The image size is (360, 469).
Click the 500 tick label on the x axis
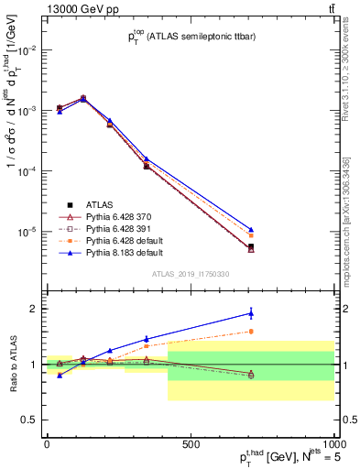click(191, 444)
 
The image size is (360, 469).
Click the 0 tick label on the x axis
click(47, 444)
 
